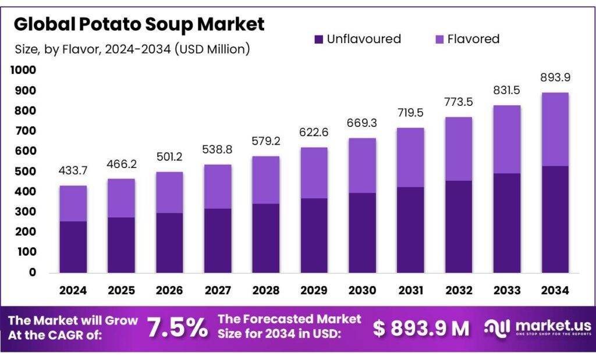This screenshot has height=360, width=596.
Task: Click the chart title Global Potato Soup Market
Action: pyautogui.click(x=139, y=24)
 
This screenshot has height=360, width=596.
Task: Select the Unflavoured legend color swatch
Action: pyautogui.click(x=318, y=40)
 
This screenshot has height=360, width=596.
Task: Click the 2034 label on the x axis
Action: pyautogui.click(x=555, y=290)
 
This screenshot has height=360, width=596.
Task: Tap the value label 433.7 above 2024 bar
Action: pyautogui.click(x=73, y=172)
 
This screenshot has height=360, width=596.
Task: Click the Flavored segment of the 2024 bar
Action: pyautogui.click(x=73, y=204)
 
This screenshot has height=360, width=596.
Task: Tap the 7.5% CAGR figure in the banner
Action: pyautogui.click(x=177, y=328)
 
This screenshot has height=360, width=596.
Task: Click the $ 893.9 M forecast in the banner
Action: pyautogui.click(x=421, y=329)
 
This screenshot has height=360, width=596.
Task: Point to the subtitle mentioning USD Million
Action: pyautogui.click(x=132, y=49)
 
